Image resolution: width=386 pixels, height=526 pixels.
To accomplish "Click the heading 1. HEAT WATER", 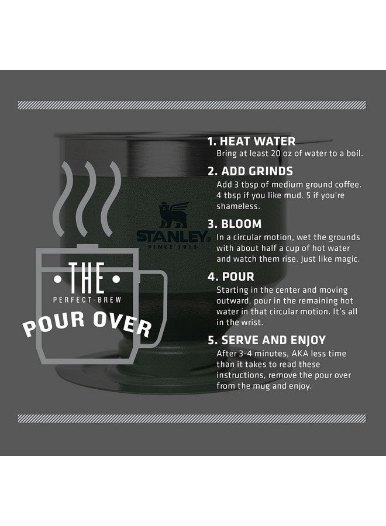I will pos(252,141).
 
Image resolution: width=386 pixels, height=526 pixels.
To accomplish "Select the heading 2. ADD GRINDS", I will pos(251,172).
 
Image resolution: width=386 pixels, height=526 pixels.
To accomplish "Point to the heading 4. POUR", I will pos(231,278).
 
